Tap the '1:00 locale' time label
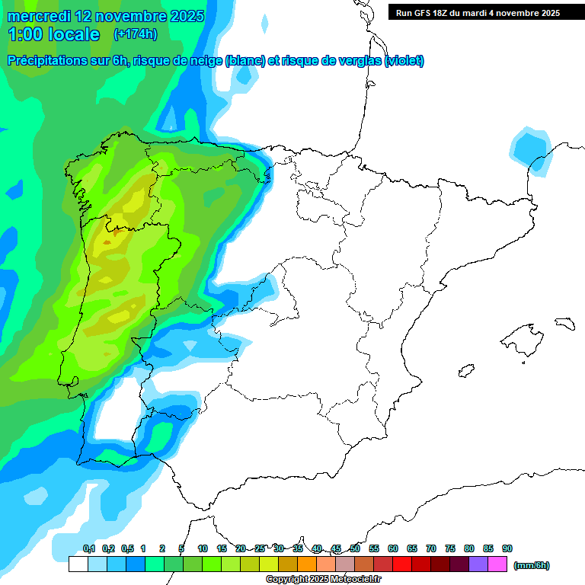[x=54, y=34]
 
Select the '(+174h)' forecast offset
[x=135, y=34]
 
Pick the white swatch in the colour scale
[x=78, y=564]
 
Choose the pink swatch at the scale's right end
[x=497, y=564]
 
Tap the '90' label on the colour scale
[x=507, y=549]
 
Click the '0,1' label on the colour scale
[x=88, y=549]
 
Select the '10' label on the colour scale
[x=203, y=549]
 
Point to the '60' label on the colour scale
[x=393, y=549]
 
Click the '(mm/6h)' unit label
[x=531, y=565]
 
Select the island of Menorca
[x=564, y=323]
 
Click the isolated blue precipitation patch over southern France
[x=532, y=149]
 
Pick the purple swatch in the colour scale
[x=478, y=564]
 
